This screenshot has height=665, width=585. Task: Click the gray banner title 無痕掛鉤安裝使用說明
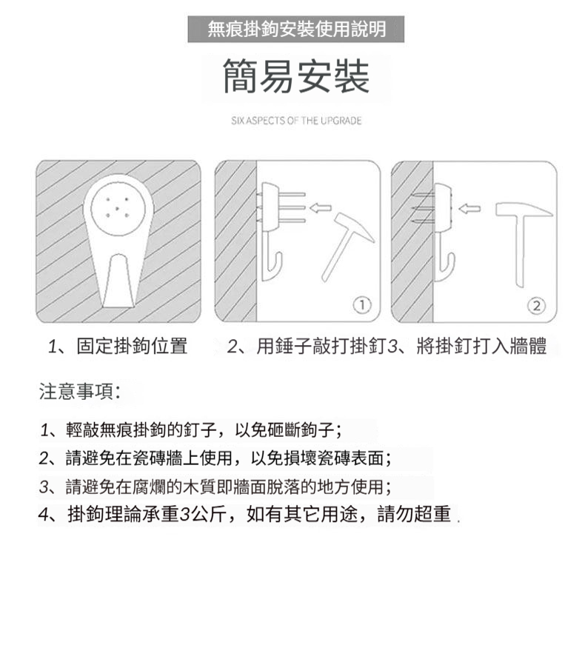point(296,30)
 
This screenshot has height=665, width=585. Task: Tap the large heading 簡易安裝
point(296,76)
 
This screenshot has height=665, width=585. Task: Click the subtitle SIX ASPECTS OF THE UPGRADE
point(296,121)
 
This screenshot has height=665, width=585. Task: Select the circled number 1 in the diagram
point(362,304)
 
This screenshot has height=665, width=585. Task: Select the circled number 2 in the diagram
point(537,305)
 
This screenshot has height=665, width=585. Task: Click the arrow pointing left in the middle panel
point(321,207)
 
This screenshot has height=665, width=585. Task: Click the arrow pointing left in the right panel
point(469,208)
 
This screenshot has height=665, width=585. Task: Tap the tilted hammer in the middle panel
point(347,245)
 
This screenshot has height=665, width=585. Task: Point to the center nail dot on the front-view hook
point(117,208)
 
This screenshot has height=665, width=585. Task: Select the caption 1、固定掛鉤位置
point(118,346)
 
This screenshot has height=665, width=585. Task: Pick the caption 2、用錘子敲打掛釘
point(305,346)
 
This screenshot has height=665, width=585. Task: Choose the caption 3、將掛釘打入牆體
point(467,346)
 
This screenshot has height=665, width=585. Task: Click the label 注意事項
point(79,391)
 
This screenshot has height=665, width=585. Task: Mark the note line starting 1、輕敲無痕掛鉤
point(191,430)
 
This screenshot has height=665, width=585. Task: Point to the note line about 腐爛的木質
point(215,487)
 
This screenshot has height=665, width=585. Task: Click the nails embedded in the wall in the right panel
point(423,209)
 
